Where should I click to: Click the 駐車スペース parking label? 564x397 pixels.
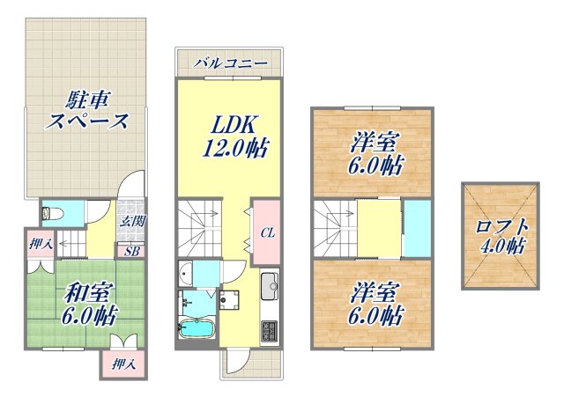[x=87, y=108]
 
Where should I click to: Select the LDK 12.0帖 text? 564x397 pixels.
[x=232, y=134]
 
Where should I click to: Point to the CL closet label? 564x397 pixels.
[x=265, y=233]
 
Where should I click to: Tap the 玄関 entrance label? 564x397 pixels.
[x=132, y=221]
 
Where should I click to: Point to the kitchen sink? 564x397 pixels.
[x=269, y=286]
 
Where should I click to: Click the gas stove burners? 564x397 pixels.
[x=269, y=333]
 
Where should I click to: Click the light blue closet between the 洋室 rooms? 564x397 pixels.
[x=418, y=229]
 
